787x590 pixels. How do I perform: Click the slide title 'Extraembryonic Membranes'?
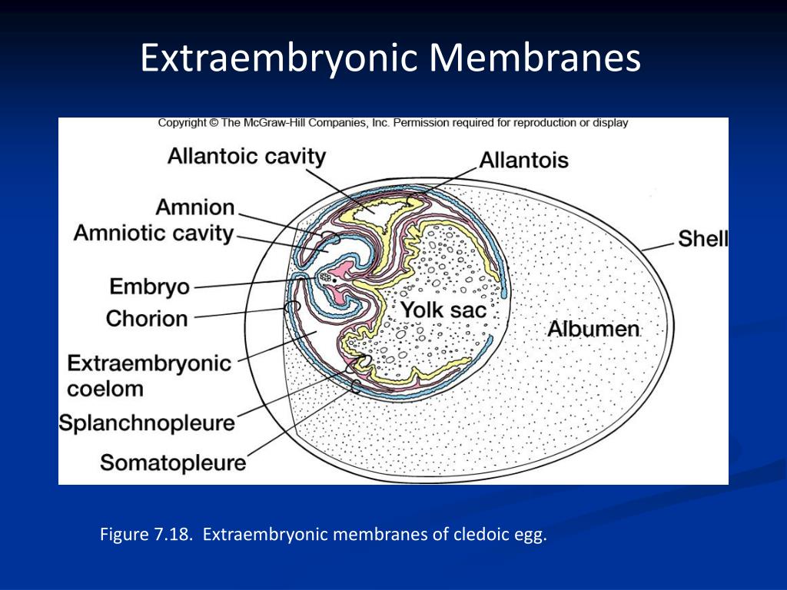[x=390, y=58]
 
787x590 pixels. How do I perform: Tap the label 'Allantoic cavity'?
[x=246, y=157]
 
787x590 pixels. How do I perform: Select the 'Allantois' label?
[x=523, y=160]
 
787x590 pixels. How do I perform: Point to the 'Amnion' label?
[x=194, y=207]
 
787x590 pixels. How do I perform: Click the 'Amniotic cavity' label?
[x=153, y=233]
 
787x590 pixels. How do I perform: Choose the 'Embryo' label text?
[x=149, y=287]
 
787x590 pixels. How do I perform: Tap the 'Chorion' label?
[x=146, y=318]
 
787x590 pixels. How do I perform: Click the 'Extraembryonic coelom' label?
[x=148, y=375]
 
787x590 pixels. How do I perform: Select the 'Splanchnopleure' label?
[x=147, y=423]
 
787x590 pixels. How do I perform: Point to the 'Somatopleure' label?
[x=173, y=462]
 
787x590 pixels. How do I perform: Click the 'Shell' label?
[x=702, y=239]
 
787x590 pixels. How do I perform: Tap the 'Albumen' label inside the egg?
[x=593, y=330]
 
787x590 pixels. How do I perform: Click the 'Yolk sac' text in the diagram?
[x=442, y=311]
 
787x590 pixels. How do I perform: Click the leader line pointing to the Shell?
[x=657, y=245]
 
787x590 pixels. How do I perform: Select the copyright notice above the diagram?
[x=393, y=122]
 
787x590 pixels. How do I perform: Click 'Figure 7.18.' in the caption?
[x=144, y=535]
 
